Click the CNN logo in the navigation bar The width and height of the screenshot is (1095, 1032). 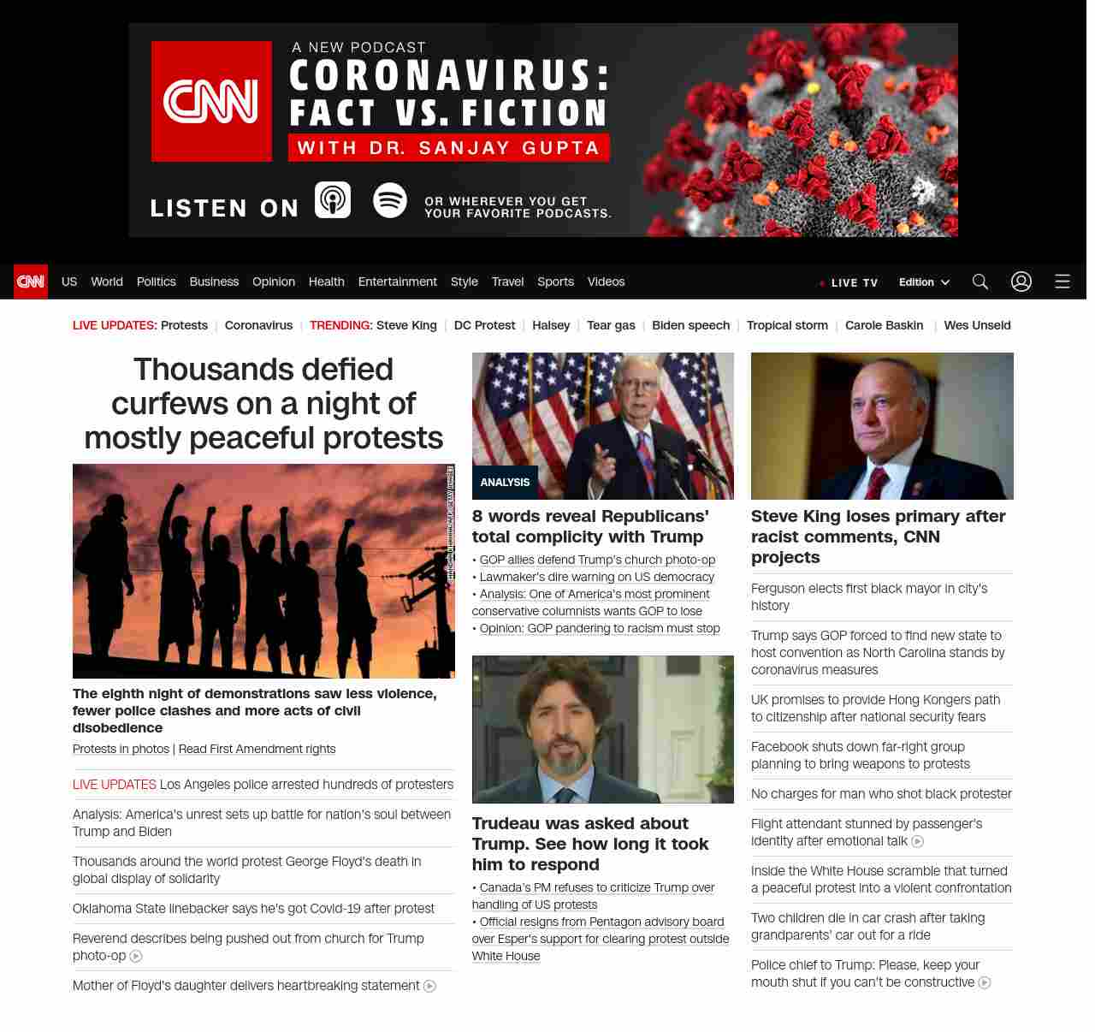pyautogui.click(x=31, y=282)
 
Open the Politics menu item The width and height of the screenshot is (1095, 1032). pyautogui.click(x=156, y=282)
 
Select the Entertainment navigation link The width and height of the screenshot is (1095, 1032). pyautogui.click(x=397, y=282)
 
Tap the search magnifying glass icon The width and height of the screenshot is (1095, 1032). pyautogui.click(x=980, y=282)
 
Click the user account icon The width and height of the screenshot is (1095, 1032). pyautogui.click(x=1021, y=282)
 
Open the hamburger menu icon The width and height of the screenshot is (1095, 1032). pyautogui.click(x=1062, y=282)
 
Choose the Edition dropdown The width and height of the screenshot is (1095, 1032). pyautogui.click(x=924, y=282)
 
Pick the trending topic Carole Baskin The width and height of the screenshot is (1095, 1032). pyautogui.click(x=884, y=325)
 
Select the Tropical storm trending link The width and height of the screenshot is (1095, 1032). pyautogui.click(x=787, y=325)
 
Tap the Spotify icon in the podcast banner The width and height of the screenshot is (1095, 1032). pyautogui.click(x=390, y=200)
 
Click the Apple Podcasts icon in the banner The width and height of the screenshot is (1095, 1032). pyautogui.click(x=333, y=200)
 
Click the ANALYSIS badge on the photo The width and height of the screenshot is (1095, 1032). pyautogui.click(x=505, y=483)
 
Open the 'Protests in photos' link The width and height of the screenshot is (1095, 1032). pyautogui.click(x=121, y=749)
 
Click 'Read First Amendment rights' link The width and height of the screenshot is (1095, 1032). pyautogui.click(x=257, y=749)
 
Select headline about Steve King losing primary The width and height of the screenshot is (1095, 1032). pyautogui.click(x=878, y=537)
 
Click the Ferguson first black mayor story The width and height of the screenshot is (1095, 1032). pyautogui.click(x=869, y=596)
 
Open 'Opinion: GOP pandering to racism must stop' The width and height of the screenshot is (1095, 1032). pyautogui.click(x=600, y=628)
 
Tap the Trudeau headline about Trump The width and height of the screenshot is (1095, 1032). pyautogui.click(x=590, y=844)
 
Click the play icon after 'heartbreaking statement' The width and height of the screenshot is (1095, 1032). pyautogui.click(x=430, y=987)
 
